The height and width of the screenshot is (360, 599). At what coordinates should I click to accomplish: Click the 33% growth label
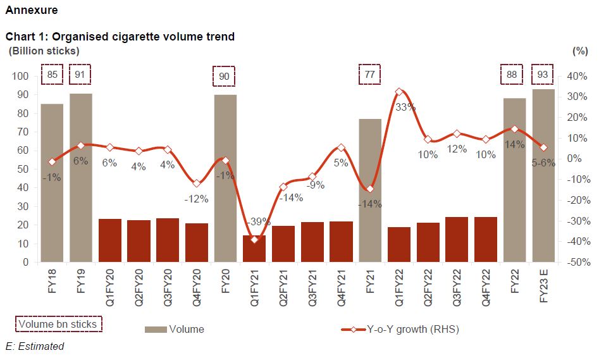405,107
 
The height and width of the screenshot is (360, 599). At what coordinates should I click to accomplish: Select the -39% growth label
260,222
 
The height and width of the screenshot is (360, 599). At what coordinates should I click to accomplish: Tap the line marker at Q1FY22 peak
399,92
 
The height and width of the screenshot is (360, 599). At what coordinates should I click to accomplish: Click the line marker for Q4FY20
197,183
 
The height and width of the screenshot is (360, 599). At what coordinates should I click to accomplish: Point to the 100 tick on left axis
21,76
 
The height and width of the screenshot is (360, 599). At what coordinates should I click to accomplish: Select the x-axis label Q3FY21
312,286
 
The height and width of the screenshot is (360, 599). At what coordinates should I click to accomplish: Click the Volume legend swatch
156,329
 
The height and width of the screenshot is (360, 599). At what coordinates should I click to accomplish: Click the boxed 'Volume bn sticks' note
58,325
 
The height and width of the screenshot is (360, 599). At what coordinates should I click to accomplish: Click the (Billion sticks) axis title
44,51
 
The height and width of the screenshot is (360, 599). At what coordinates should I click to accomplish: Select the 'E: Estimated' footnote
35,346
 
